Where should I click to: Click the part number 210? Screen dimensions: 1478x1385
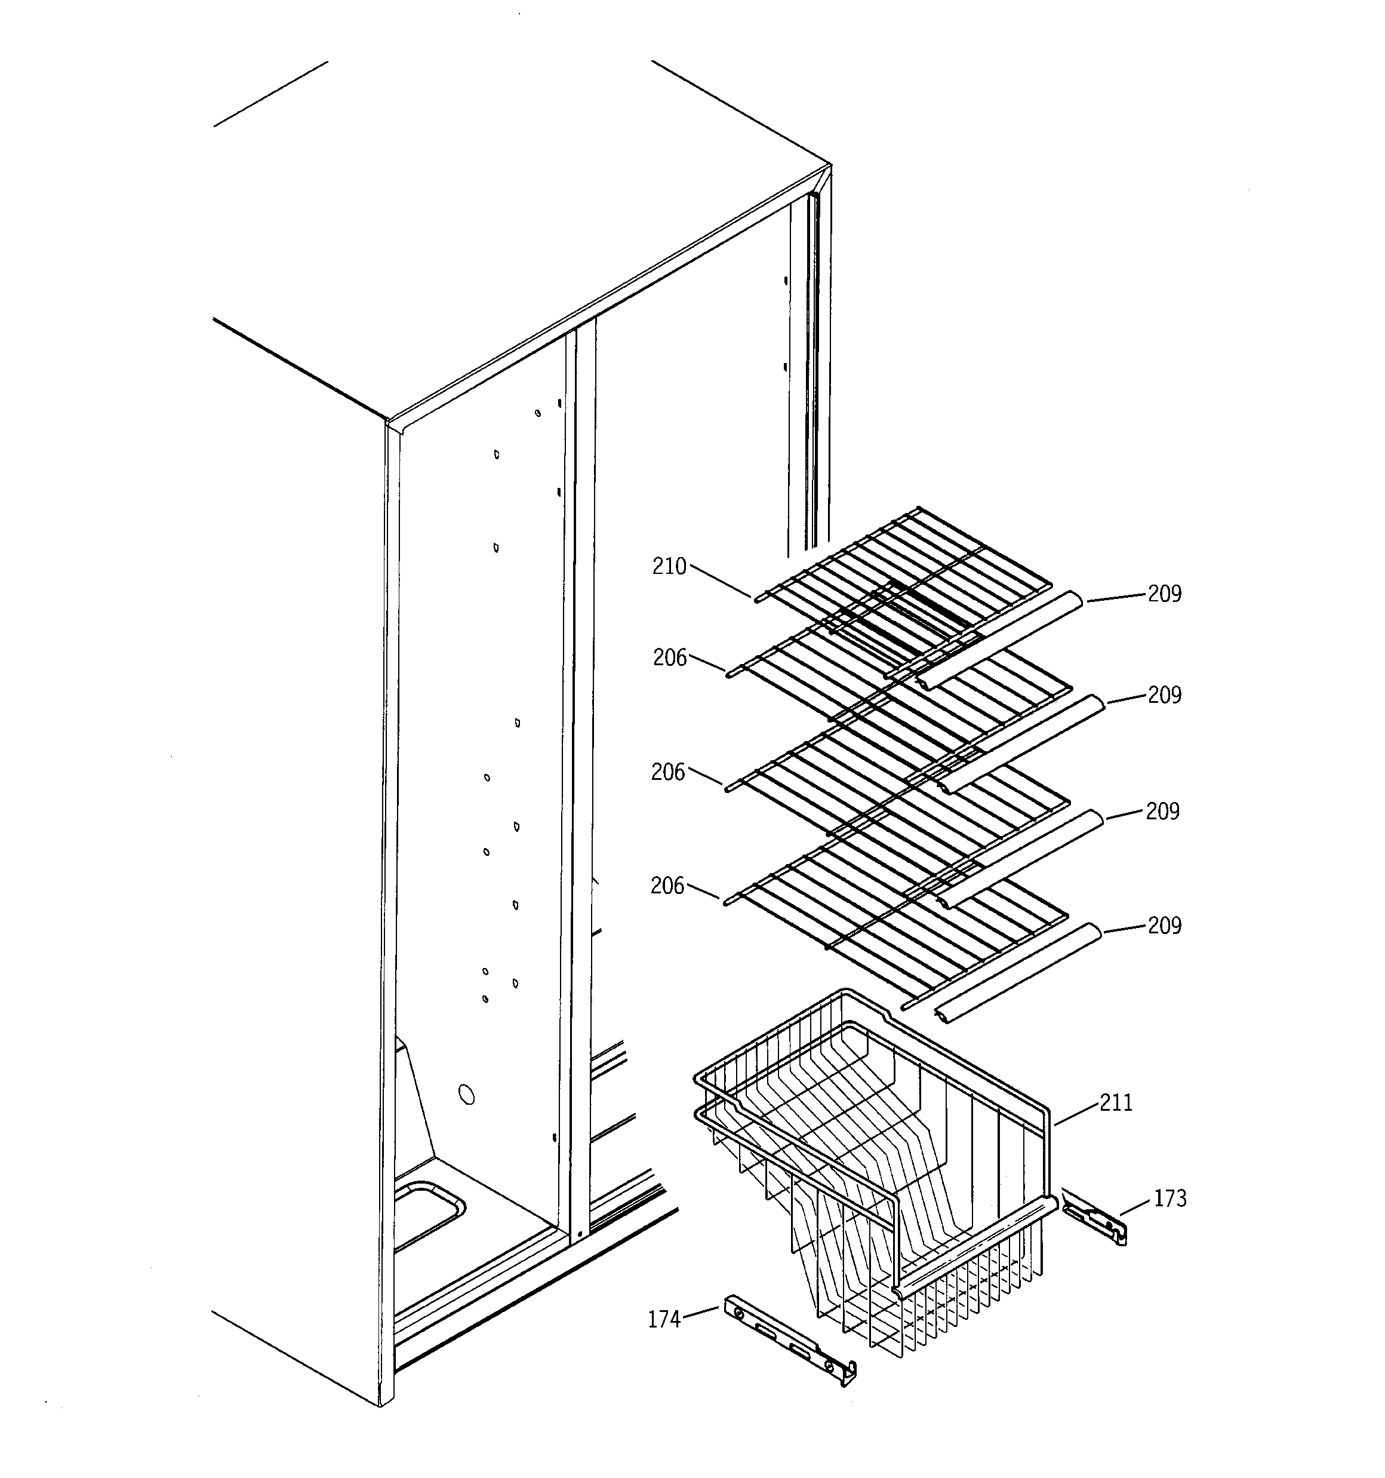(x=669, y=567)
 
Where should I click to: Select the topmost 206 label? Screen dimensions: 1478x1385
(x=669, y=658)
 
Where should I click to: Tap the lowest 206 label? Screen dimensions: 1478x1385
(x=667, y=886)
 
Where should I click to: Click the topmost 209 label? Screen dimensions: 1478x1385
(x=1164, y=593)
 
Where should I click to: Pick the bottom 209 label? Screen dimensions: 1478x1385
(x=1164, y=925)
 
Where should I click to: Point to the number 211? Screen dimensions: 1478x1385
(x=1116, y=1102)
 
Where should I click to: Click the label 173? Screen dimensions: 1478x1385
(x=1169, y=1199)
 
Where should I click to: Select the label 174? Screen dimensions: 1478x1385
(x=664, y=1320)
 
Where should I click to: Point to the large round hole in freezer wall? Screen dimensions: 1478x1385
(x=466, y=1093)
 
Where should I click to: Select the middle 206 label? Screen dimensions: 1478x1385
(x=667, y=773)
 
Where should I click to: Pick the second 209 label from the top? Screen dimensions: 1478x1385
(x=1164, y=695)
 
